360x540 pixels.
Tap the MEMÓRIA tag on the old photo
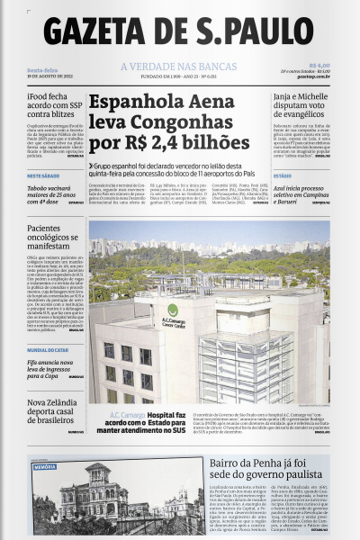point(44,467)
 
